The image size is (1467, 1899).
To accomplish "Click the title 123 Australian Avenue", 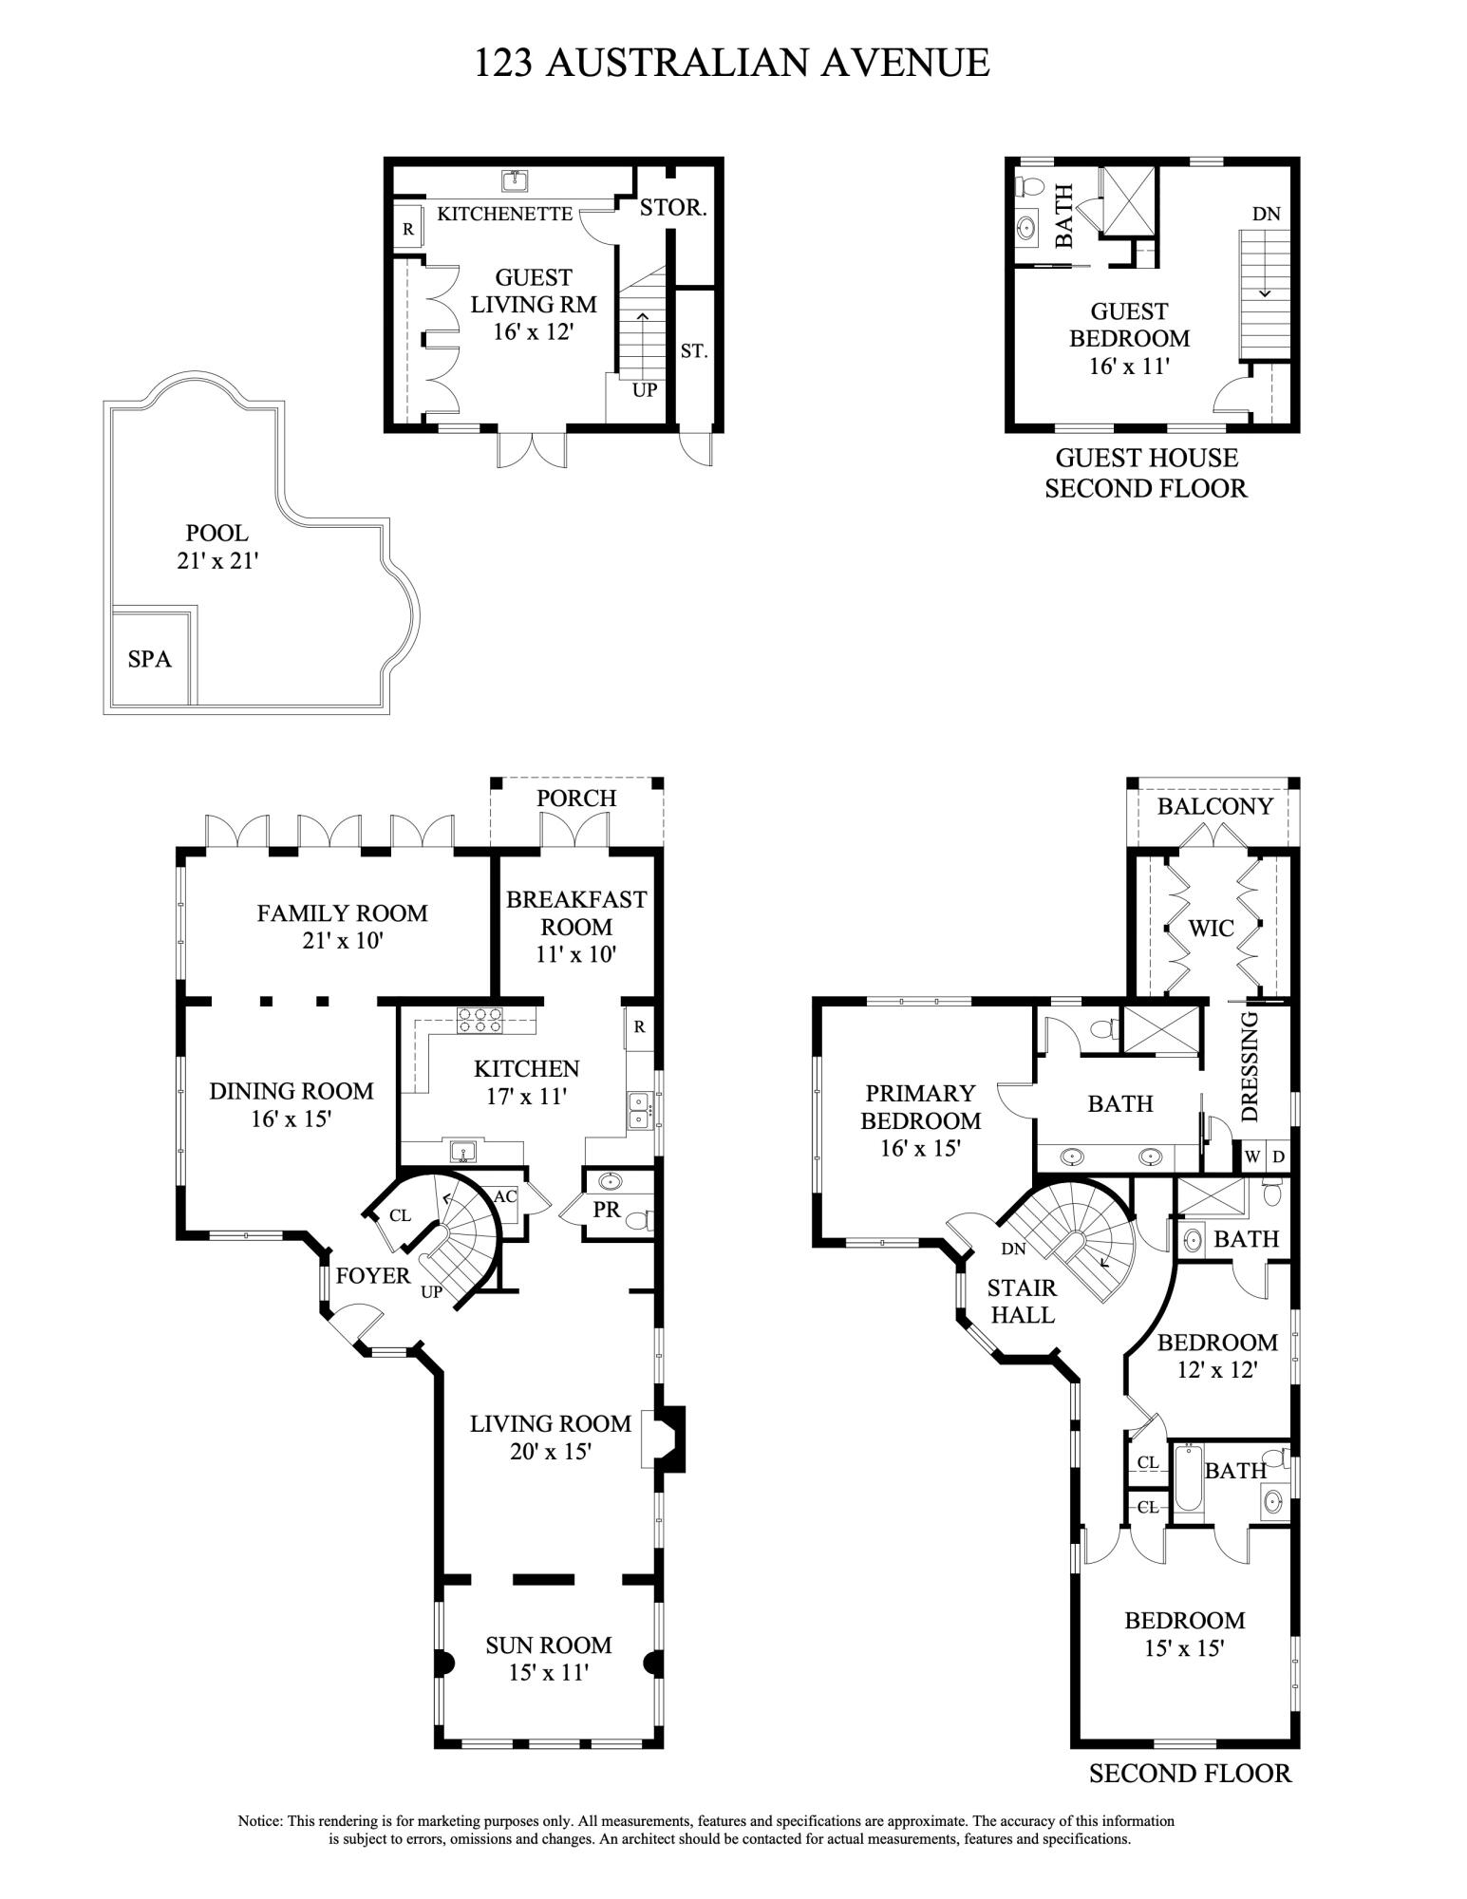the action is [x=732, y=63].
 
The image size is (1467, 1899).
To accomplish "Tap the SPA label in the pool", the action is [x=150, y=658].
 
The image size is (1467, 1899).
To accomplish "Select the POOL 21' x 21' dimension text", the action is [x=217, y=547].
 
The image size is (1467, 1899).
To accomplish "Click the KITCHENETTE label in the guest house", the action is [x=505, y=214].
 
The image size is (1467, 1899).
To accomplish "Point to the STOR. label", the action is [x=673, y=208].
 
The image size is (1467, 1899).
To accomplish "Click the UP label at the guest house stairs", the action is [x=645, y=389].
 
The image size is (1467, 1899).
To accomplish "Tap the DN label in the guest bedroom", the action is [x=1266, y=214].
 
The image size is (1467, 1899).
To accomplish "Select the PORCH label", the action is [x=576, y=799].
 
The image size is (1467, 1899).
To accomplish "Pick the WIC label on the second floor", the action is [x=1212, y=928].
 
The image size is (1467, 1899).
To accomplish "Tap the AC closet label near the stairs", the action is [x=505, y=1196].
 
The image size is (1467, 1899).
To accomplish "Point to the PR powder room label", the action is [x=606, y=1211].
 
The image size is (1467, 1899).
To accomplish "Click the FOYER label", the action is [x=373, y=1276].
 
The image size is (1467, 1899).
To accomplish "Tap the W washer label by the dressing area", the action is [x=1252, y=1156].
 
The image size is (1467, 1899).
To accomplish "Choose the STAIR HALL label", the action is [x=1022, y=1301].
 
